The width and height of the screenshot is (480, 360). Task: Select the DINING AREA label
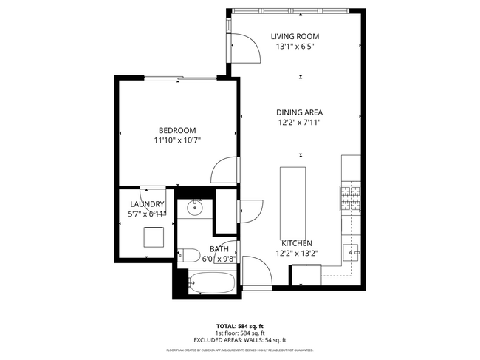point(299,113)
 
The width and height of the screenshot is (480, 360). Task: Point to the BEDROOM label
point(177,130)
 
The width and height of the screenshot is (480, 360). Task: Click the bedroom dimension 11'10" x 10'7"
point(177,140)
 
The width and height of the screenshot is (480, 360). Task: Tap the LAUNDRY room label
point(147,204)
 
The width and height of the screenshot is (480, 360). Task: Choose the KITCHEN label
point(296,243)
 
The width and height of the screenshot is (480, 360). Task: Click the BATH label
point(219,249)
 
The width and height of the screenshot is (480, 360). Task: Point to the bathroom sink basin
point(195,208)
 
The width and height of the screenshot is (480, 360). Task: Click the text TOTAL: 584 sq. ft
point(239,325)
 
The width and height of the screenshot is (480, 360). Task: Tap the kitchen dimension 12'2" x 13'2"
point(296,253)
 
